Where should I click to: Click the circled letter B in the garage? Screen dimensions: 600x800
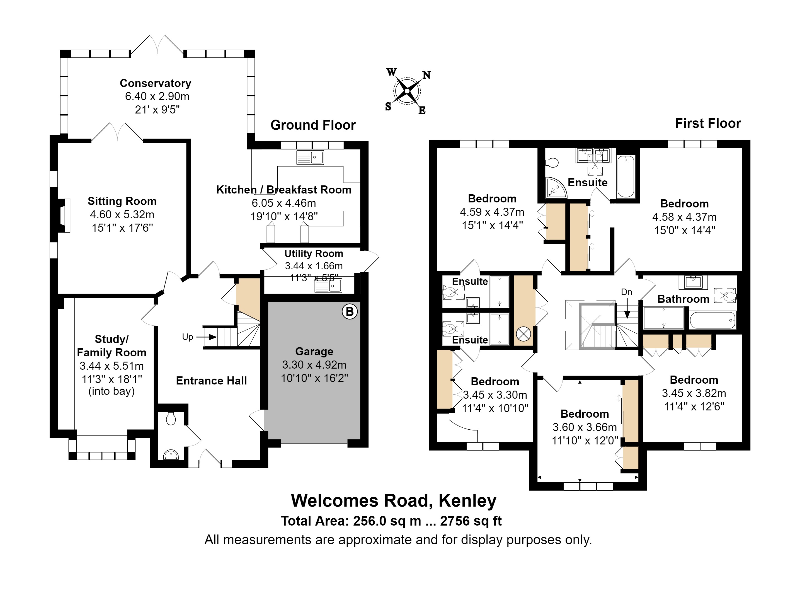pos(349,312)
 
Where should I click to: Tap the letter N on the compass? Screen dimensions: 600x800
pos(426,75)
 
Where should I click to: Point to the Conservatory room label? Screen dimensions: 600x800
pos(156,83)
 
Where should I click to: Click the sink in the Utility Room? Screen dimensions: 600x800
pos(328,286)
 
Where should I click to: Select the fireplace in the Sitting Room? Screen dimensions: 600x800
pos(64,216)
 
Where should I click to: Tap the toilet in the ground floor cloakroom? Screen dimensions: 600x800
pos(171,418)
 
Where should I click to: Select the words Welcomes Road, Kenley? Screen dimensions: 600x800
pos(394,500)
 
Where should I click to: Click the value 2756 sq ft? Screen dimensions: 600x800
pos(471,521)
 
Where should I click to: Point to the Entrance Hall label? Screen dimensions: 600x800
pos(211,381)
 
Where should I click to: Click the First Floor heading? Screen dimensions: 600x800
pos(708,123)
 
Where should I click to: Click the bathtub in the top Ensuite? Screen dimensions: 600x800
pos(626,176)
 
